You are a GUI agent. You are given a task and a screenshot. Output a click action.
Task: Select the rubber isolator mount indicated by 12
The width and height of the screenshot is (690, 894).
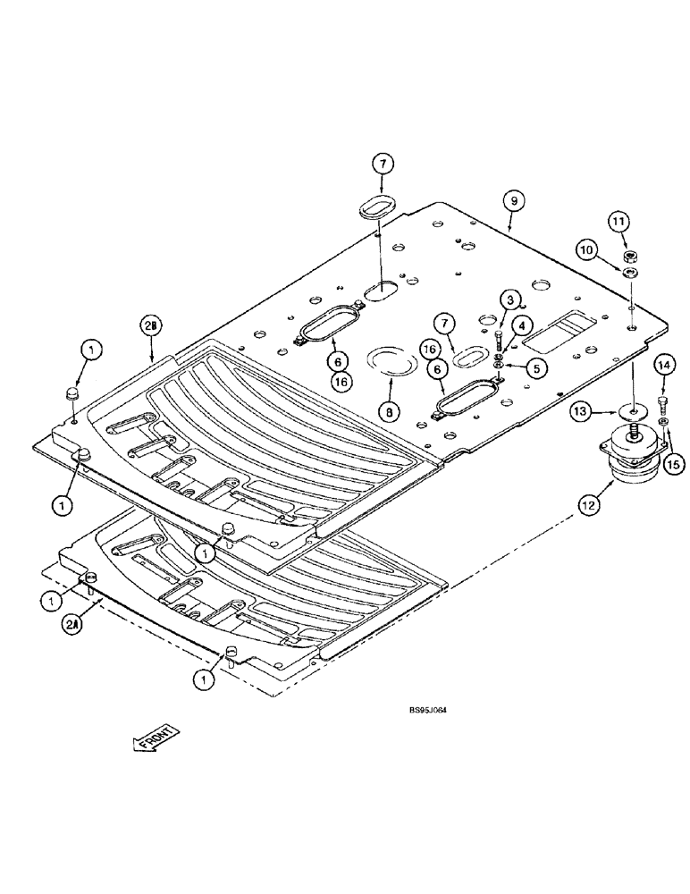[x=632, y=452]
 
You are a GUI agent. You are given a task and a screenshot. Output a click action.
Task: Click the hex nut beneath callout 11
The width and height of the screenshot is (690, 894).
[x=630, y=257]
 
